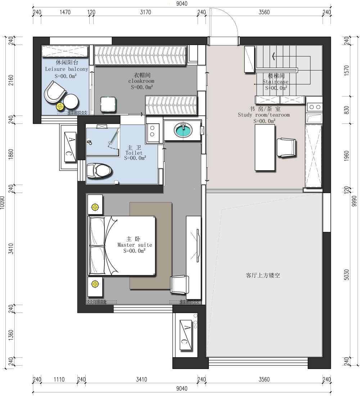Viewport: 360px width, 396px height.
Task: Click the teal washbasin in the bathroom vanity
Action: (183, 130)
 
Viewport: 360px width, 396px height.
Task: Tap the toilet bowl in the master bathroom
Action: (99, 170)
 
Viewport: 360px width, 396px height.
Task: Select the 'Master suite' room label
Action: (135, 245)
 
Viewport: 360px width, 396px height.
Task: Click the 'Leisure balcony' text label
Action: (67, 69)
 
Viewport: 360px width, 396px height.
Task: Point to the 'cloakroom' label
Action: (141, 81)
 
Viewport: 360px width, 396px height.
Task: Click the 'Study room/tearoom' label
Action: (264, 115)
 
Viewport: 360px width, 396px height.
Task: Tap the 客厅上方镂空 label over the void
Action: (263, 275)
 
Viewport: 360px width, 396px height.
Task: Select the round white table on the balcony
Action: (71, 101)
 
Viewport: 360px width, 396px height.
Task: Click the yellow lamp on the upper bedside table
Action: (95, 207)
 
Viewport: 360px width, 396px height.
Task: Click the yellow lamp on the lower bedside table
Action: (95, 284)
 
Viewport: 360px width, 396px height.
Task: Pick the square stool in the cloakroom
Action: (108, 104)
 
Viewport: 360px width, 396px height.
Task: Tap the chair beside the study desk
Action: (287, 148)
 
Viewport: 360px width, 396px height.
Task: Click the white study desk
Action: (265, 148)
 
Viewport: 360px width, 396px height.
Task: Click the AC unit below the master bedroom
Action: (186, 335)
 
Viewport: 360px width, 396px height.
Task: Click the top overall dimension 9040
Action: (182, 4)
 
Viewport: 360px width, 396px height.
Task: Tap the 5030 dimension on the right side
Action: (347, 275)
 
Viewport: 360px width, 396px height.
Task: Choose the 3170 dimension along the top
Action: (145, 12)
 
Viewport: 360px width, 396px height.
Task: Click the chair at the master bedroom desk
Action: (179, 285)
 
